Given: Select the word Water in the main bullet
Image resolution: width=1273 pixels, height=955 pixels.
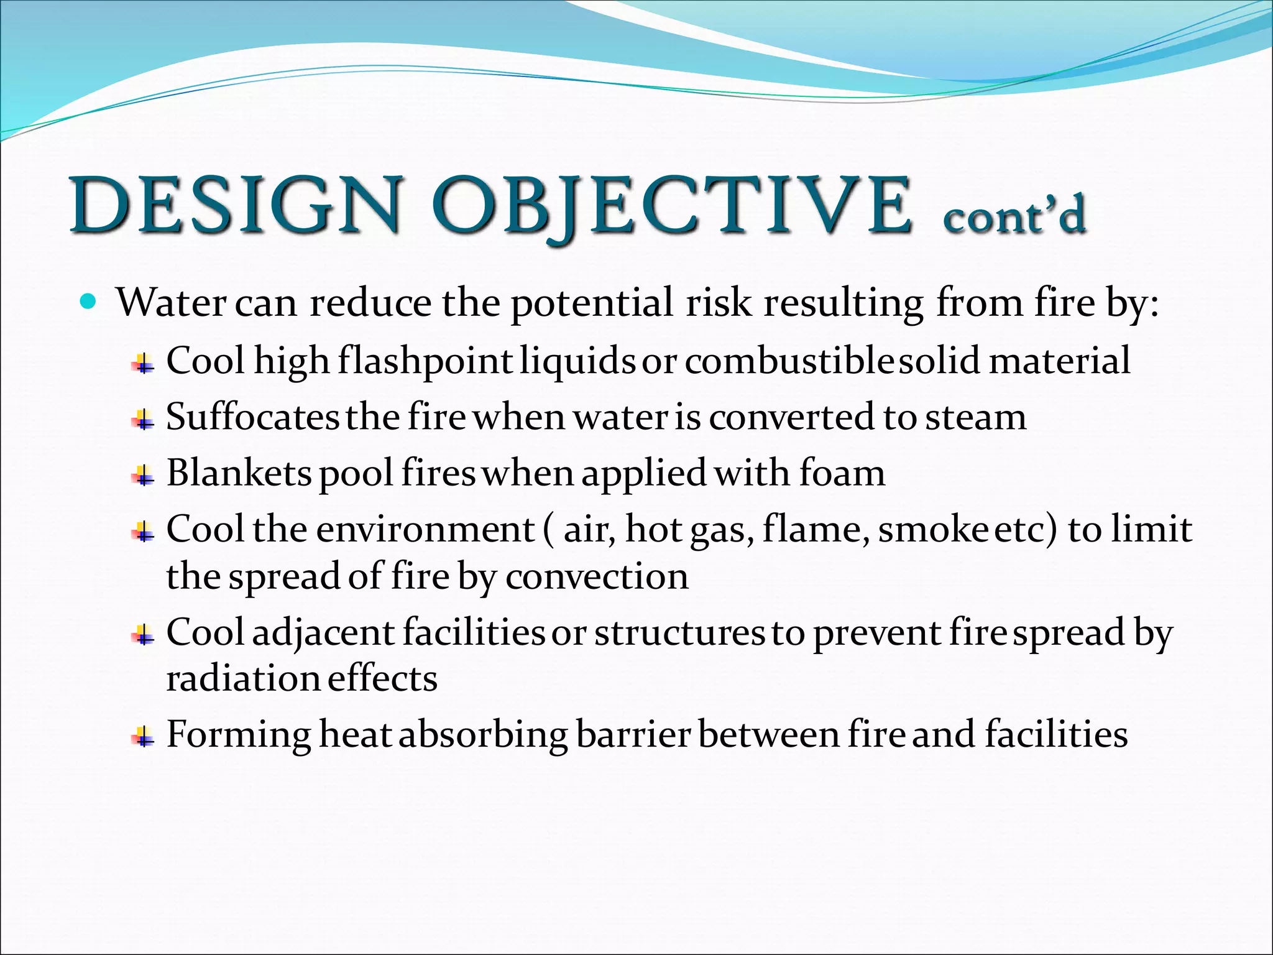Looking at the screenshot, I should [x=172, y=303].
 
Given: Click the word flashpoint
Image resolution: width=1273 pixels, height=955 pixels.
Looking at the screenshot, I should [x=425, y=361].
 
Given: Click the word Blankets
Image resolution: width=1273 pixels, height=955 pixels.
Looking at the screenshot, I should [x=239, y=473].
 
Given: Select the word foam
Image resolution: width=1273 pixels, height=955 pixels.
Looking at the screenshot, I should [x=842, y=473].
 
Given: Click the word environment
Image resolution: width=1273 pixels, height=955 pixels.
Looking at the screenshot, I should [x=426, y=530].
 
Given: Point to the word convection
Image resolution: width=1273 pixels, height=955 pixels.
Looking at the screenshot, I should [x=597, y=576].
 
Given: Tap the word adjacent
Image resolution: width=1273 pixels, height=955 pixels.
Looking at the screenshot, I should [x=323, y=633].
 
